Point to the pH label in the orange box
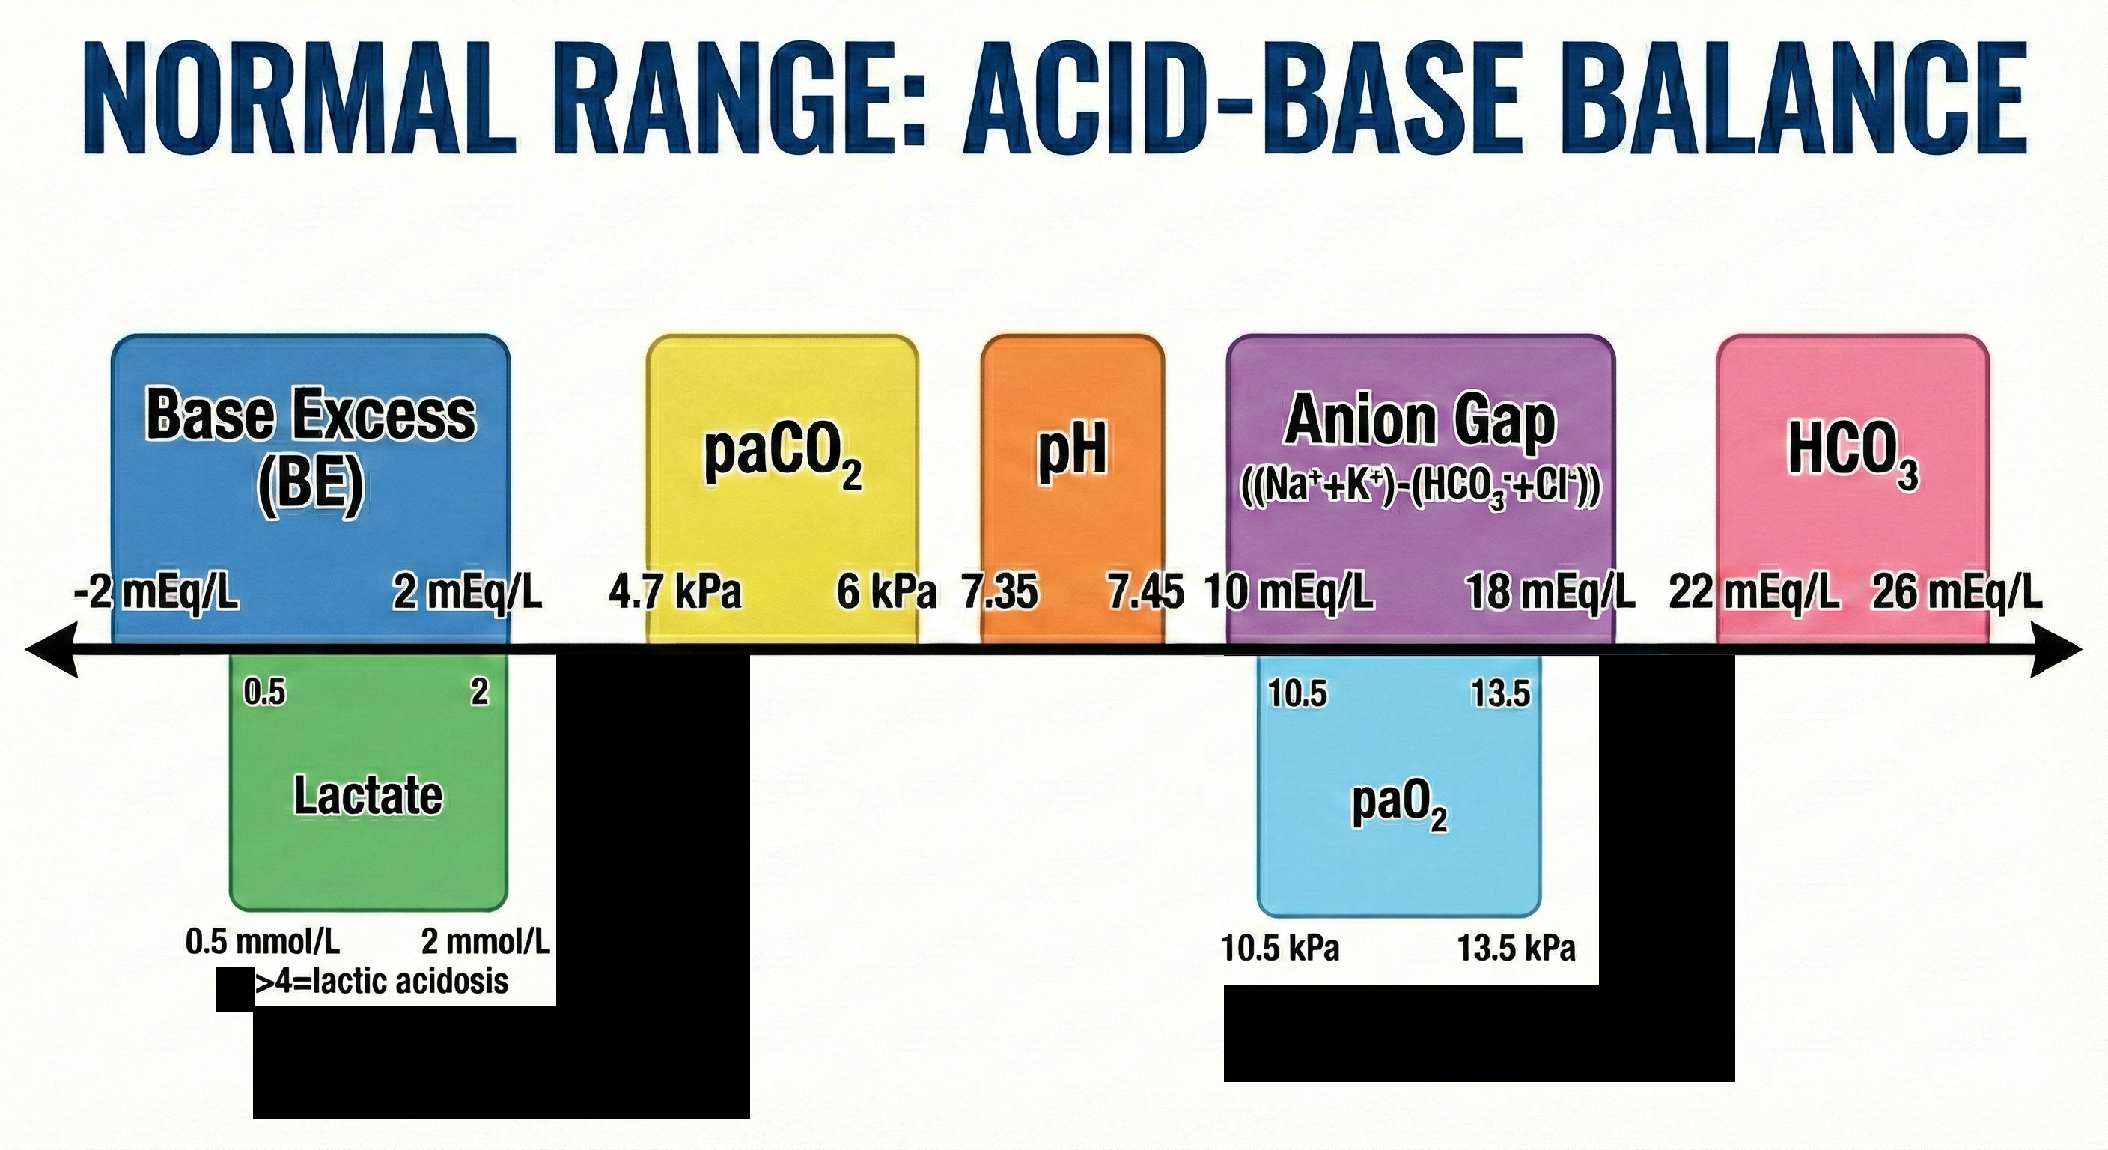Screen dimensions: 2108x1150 pyautogui.click(x=1073, y=453)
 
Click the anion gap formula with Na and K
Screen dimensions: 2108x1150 pyautogui.click(x=1421, y=490)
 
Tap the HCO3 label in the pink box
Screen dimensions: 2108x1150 pyautogui.click(x=1853, y=454)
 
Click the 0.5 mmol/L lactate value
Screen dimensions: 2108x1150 pyautogui.click(x=263, y=942)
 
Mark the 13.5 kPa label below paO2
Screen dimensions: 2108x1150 pyautogui.click(x=1516, y=948)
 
